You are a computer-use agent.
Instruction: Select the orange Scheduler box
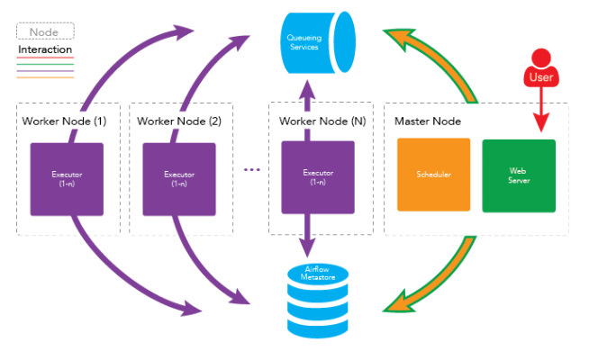pyautogui.click(x=434, y=175)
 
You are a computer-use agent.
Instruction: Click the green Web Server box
pyautogui.click(x=519, y=175)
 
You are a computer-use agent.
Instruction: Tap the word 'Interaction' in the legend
pyautogui.click(x=45, y=49)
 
